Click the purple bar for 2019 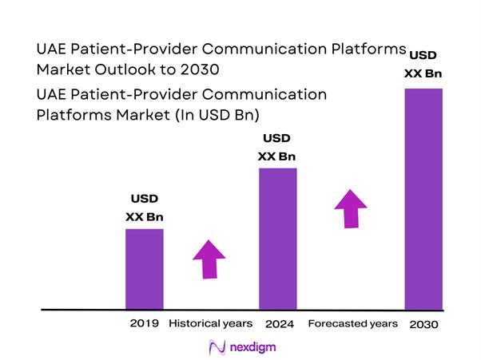coord(145,268)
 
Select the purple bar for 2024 coord(278,238)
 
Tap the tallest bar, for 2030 coord(423,198)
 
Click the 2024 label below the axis coord(278,324)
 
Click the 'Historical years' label coord(211,323)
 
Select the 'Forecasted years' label coord(352,323)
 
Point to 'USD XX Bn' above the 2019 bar coord(145,207)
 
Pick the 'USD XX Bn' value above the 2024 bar coord(278,146)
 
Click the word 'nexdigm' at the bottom coord(252,346)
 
